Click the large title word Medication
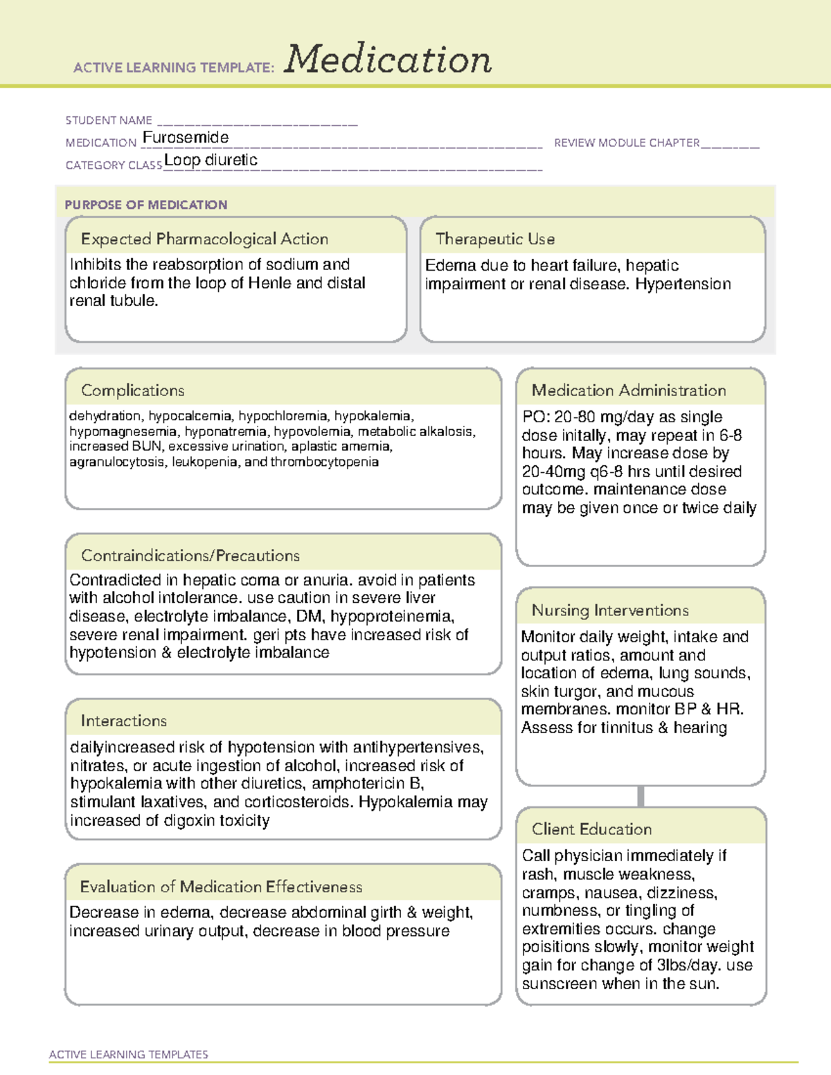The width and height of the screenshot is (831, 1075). (x=388, y=60)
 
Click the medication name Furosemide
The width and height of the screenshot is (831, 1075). (x=186, y=138)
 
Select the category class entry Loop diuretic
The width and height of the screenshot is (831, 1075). (x=211, y=160)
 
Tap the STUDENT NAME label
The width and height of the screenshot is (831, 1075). (x=109, y=120)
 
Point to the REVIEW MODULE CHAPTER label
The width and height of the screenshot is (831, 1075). (x=627, y=143)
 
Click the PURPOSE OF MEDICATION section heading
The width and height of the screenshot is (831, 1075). (x=146, y=205)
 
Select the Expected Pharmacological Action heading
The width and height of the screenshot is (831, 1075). (x=204, y=239)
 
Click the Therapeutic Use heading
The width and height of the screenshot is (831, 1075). (x=495, y=239)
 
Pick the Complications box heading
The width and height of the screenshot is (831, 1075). (x=133, y=390)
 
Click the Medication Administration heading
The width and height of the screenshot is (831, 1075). (x=629, y=390)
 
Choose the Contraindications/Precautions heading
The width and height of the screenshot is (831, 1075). (x=190, y=555)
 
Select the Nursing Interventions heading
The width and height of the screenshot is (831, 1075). (x=610, y=611)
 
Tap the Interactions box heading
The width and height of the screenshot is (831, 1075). (x=124, y=721)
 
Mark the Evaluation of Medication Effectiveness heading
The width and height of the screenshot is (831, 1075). (x=221, y=887)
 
